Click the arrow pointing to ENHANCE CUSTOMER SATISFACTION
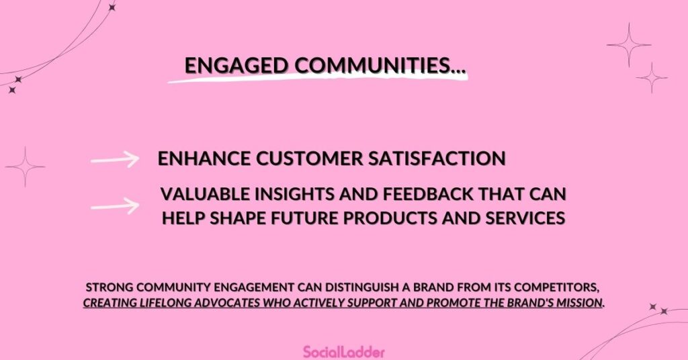coord(115,159)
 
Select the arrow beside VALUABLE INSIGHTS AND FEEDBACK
coord(115,205)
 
